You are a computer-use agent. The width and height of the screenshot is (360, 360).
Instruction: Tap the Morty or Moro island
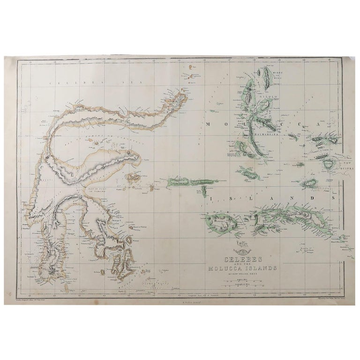click(x=268, y=75)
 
